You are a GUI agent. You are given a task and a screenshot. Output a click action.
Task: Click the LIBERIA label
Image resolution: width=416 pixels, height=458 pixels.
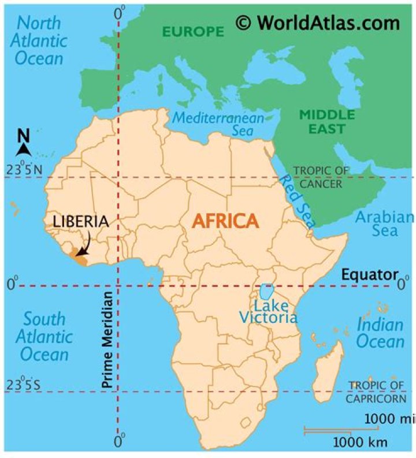(x=80, y=221)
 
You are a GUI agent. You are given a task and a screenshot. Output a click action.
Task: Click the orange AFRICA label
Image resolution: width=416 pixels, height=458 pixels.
(x=225, y=221)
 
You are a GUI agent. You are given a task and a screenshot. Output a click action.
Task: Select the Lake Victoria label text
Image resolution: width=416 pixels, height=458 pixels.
(x=269, y=311)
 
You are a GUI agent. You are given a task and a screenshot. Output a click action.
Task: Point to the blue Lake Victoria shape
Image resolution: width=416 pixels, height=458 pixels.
(x=266, y=291)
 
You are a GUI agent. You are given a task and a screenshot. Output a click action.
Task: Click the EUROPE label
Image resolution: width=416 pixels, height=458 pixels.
(x=193, y=32)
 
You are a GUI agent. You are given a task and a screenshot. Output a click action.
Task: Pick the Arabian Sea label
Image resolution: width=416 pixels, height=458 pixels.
(x=384, y=224)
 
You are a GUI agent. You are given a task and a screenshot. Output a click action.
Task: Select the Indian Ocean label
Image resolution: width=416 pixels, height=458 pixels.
(x=380, y=332)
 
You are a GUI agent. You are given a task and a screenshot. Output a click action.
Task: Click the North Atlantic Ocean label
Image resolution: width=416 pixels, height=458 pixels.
(x=40, y=40)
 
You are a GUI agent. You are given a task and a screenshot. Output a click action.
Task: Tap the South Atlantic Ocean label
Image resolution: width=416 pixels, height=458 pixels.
(x=44, y=336)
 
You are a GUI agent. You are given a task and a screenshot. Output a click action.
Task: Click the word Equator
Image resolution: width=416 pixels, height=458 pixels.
(x=370, y=274)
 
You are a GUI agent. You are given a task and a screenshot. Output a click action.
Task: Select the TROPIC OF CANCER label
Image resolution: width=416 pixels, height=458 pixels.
(x=321, y=177)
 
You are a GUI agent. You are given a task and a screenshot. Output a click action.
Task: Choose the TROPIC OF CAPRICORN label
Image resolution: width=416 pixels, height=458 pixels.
(x=377, y=392)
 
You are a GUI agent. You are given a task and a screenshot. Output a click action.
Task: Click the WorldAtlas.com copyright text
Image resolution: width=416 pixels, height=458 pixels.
(x=318, y=23)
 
